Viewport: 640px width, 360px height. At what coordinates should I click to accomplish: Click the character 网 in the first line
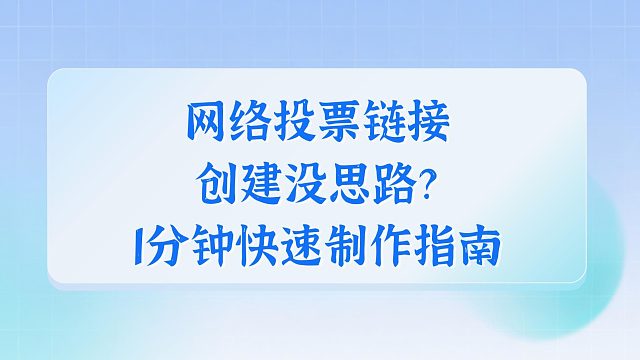206,124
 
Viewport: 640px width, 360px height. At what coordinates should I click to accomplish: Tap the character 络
251,124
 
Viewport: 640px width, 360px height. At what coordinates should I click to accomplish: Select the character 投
296,124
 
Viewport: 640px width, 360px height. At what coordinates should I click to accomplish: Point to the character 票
341,124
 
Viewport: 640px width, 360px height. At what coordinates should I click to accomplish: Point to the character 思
349,183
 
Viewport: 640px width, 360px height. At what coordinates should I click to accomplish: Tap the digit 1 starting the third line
147,243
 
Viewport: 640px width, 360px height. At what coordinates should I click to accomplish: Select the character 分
176,243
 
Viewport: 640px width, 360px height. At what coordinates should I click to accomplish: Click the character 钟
221,243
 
